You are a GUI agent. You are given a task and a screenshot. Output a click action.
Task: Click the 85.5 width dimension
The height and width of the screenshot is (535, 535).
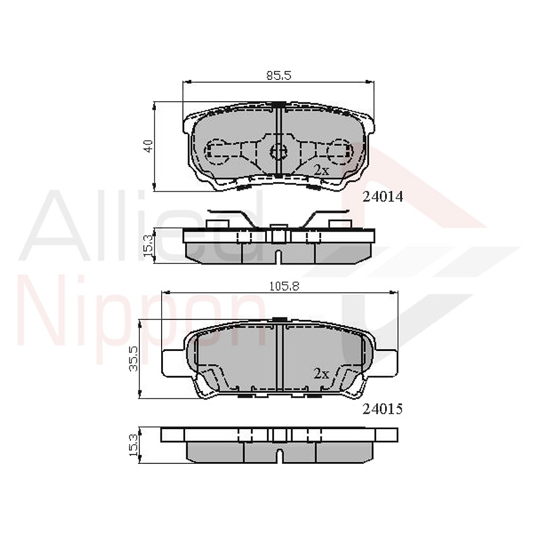[279, 75]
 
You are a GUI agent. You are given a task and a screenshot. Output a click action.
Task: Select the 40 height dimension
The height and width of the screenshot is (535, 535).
[149, 146]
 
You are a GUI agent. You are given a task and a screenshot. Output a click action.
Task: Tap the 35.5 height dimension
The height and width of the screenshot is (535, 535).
[133, 359]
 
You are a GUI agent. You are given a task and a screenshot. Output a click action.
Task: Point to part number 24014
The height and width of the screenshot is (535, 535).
[383, 198]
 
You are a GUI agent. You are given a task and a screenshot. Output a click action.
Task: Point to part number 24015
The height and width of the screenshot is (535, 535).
[383, 409]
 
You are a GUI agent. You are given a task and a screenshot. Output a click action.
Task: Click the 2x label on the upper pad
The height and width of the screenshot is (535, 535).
[320, 169]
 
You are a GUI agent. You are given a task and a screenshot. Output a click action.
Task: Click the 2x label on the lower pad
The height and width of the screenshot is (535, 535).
[320, 373]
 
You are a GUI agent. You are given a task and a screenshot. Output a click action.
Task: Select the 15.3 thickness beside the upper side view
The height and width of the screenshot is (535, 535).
[149, 245]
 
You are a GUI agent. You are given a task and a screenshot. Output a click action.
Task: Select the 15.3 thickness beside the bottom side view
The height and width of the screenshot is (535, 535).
[133, 446]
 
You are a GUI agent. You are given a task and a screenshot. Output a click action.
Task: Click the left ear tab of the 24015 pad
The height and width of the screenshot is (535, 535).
[173, 360]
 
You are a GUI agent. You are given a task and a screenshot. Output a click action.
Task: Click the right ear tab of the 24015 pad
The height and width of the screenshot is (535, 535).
[385, 360]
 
